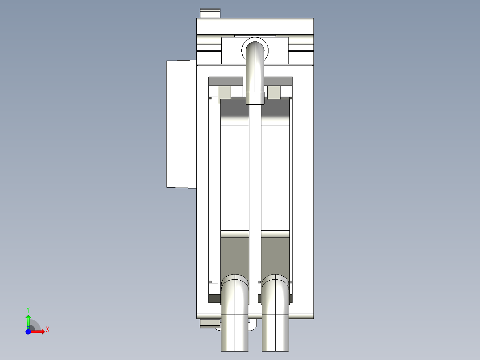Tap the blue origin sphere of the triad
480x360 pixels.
tap(28, 331)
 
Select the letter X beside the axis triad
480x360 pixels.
tap(47, 330)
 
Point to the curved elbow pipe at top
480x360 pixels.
tap(255, 62)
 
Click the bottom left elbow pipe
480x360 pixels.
tap(235, 312)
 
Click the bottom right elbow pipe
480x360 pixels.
tap(275, 312)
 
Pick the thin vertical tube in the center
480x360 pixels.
tap(254, 178)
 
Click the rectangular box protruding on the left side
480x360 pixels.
tap(181, 124)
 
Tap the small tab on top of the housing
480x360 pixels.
tap(210, 13)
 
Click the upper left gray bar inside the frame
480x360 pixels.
tap(225, 81)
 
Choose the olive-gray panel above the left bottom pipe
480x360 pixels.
tap(235, 256)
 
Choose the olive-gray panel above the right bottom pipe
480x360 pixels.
tap(275, 256)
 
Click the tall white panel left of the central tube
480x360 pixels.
tap(235, 178)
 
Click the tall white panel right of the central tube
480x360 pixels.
tap(275, 178)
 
